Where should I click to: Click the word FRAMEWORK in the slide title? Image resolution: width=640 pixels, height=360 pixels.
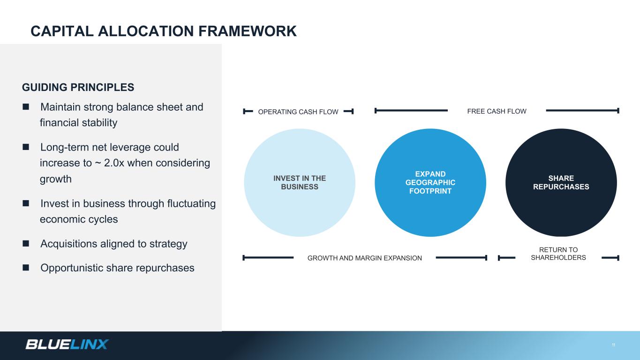click(x=248, y=31)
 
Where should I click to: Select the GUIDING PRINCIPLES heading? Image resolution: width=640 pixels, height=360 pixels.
click(x=78, y=88)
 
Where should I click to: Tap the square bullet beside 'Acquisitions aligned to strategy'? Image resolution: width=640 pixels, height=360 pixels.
click(x=26, y=243)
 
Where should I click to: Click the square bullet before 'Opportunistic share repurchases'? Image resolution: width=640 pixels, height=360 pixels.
click(x=26, y=268)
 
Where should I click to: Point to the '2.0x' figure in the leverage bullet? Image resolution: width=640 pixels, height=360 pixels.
click(x=114, y=163)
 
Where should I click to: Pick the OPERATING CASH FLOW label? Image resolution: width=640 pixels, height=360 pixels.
click(x=298, y=112)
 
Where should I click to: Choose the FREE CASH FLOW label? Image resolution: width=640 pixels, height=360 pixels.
click(x=497, y=111)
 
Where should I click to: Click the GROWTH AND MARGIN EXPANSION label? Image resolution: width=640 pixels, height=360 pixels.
click(x=365, y=258)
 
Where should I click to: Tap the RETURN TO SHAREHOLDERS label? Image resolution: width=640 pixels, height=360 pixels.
click(x=558, y=254)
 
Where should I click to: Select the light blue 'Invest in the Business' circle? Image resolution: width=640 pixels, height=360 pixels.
click(x=300, y=182)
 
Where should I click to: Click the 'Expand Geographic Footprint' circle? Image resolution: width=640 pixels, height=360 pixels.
click(x=430, y=182)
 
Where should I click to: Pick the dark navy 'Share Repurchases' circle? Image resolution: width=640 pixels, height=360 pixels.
click(x=561, y=182)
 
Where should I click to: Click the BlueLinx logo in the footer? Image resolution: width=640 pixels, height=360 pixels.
click(x=67, y=344)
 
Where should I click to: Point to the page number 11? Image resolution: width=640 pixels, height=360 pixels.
click(x=613, y=345)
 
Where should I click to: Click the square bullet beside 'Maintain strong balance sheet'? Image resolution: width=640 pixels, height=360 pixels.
click(x=26, y=106)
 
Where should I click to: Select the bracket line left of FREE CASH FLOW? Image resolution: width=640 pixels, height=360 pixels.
click(x=411, y=111)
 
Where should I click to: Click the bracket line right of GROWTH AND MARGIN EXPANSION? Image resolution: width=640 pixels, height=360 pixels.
click(x=461, y=258)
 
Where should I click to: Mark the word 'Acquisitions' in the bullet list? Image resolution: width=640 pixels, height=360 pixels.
click(x=69, y=244)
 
